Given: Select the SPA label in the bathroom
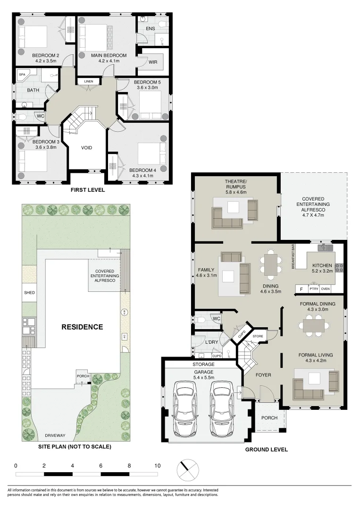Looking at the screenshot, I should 22,75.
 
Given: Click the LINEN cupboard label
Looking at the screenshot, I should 89,82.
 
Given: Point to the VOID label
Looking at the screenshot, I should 86,148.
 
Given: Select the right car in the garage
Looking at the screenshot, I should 222,409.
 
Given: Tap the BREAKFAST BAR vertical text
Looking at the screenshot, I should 293,257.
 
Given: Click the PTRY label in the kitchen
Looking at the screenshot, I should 314,289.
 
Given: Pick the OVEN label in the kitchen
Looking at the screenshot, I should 326,289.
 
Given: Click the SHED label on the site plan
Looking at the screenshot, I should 29,293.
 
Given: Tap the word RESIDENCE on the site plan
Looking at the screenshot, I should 81,327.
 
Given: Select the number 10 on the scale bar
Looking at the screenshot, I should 157,465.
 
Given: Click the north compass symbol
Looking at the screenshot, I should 187,469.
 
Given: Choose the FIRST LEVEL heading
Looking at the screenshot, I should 87,190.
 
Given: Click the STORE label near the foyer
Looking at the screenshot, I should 258,336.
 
